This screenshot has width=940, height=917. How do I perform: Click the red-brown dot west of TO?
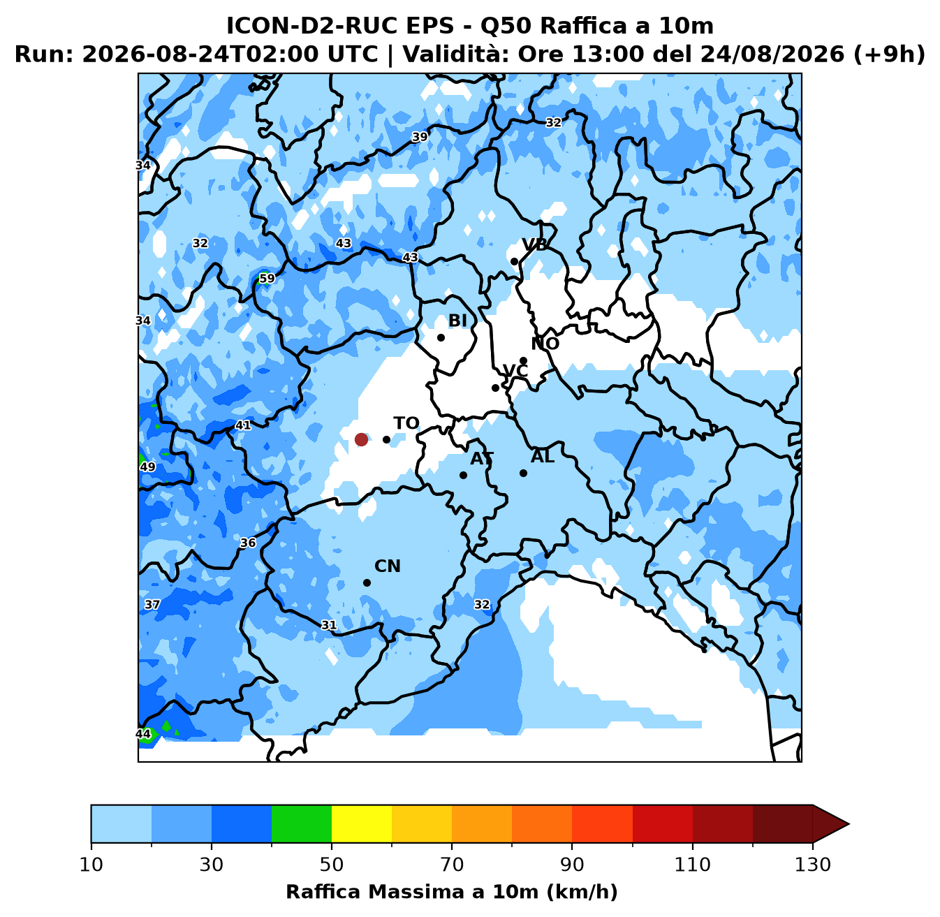tap(361, 440)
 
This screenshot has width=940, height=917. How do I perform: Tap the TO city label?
tap(406, 423)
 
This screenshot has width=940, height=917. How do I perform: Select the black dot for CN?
tap(367, 582)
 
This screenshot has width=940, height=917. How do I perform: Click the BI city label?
tap(457, 321)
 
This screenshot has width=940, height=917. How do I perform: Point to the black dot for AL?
tap(523, 473)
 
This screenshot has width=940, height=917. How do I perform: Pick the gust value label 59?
tap(267, 278)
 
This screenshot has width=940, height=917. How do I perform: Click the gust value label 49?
tap(148, 467)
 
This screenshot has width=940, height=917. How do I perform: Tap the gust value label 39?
tap(420, 137)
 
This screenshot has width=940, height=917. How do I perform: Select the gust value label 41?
tap(243, 425)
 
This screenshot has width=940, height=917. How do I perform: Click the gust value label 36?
tap(248, 543)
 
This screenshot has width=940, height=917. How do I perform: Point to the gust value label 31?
tap(329, 625)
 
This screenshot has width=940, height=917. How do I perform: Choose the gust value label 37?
tap(152, 604)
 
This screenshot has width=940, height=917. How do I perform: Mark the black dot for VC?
tap(495, 388)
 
